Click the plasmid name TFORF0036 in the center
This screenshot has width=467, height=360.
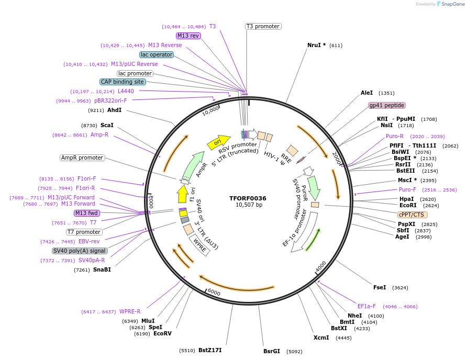point(248,198)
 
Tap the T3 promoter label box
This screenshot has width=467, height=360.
point(263,26)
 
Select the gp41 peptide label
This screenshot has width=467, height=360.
point(387,105)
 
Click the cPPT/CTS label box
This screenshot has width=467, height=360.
point(413,215)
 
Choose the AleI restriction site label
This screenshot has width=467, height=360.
point(367,93)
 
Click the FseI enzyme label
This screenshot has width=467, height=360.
point(380,287)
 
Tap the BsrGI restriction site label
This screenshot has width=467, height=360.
point(272,351)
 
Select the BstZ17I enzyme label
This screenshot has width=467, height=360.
point(210,350)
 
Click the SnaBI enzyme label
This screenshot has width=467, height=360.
point(102,269)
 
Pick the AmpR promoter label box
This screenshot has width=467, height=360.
point(82,157)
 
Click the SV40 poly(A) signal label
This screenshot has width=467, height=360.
point(80,251)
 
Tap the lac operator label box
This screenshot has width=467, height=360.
point(157,54)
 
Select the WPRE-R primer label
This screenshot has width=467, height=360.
point(130,311)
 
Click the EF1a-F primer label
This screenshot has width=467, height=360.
point(366,306)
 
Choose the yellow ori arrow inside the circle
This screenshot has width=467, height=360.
point(215,141)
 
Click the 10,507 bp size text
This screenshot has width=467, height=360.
point(249,205)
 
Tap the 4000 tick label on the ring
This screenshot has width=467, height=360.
point(321,267)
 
